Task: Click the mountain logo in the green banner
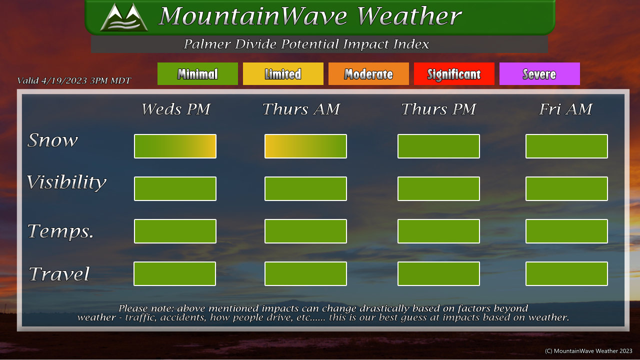coord(124,17)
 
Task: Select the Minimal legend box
coord(197,73)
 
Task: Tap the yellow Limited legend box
coord(283,73)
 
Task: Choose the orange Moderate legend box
coord(368,73)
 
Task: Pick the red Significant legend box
coord(454,73)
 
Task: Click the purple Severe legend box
coord(539,73)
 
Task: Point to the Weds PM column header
coord(176,109)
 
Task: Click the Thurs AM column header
coord(301,109)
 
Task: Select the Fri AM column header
coord(565,109)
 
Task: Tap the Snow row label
coord(52,140)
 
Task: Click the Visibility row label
coord(66,182)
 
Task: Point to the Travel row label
coord(59,273)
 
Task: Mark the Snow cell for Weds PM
coord(175,146)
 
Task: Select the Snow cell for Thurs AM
coord(305,146)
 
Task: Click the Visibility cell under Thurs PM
coord(438,188)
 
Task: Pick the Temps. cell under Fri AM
coord(566,231)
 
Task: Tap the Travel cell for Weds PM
coord(174,273)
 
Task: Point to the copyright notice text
coord(588,351)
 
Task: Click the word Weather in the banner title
coord(409,16)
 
